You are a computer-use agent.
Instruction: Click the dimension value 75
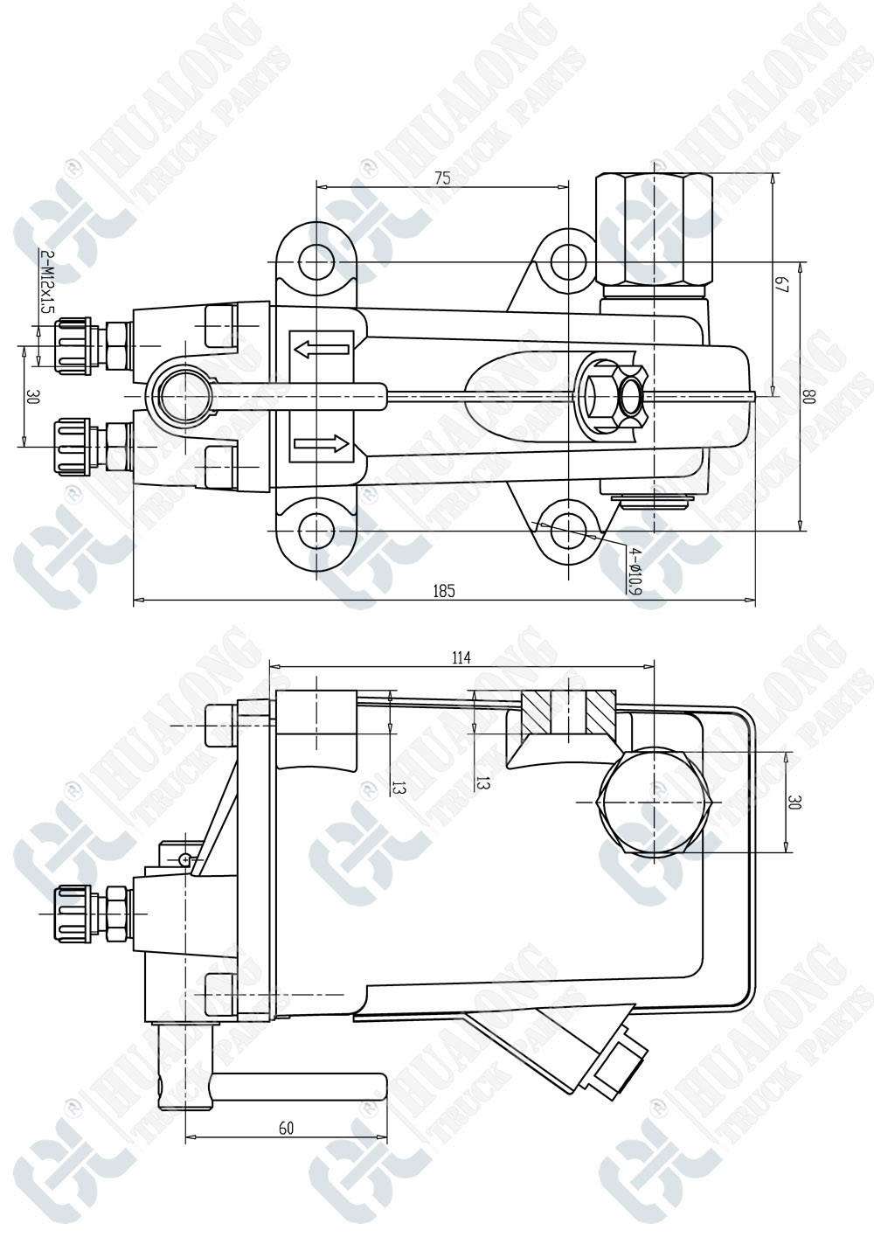[442, 177]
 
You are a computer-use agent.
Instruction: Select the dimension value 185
[444, 592]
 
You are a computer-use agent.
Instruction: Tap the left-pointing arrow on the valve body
[322, 349]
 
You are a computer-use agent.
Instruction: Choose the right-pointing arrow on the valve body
[322, 443]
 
